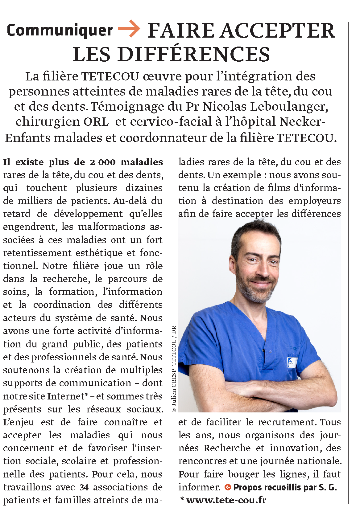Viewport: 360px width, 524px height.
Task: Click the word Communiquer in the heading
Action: click(x=60, y=31)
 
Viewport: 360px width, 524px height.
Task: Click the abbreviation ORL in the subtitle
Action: click(x=96, y=121)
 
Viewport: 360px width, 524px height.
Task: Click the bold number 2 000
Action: click(x=103, y=162)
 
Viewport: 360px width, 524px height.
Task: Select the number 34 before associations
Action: click(x=84, y=487)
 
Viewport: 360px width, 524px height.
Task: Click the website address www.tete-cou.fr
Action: click(x=226, y=500)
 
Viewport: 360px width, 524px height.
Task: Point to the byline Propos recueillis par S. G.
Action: click(x=285, y=487)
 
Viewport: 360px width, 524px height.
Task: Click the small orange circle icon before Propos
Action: click(x=228, y=487)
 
